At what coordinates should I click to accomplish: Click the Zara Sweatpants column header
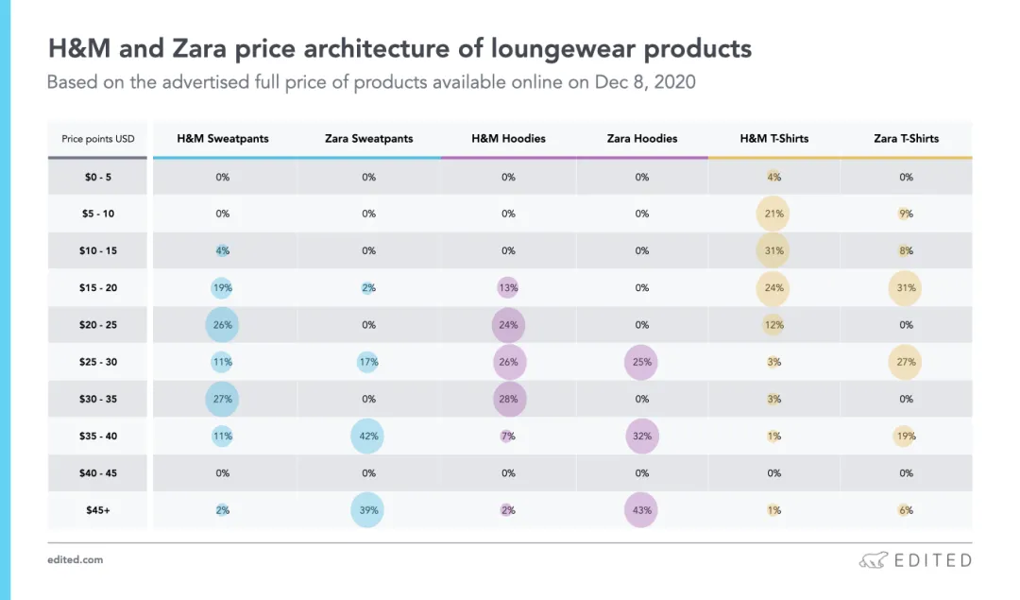(x=368, y=138)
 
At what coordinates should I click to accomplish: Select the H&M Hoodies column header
(x=508, y=138)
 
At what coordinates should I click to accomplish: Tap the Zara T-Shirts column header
(x=906, y=138)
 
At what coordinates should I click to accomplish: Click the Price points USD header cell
(x=98, y=139)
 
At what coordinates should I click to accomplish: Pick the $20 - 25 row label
(x=98, y=325)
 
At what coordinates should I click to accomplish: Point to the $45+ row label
(x=98, y=510)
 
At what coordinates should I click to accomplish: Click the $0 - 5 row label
(x=98, y=177)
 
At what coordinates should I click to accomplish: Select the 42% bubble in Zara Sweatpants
(x=368, y=437)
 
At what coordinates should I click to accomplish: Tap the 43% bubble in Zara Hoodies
(x=642, y=510)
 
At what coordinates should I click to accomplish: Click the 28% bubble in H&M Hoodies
(x=508, y=399)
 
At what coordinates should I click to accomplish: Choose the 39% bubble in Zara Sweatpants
(x=368, y=510)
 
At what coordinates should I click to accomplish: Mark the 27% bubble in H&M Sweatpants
(x=223, y=399)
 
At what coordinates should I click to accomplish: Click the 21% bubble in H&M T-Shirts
(x=774, y=214)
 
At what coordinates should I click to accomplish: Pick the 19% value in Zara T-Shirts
(x=906, y=437)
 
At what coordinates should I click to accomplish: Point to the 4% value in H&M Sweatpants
(x=223, y=250)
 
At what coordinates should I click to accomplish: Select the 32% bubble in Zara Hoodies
(x=642, y=437)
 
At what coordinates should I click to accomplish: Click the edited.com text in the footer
(x=75, y=560)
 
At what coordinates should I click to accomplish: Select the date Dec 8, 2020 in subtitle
(x=645, y=82)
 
